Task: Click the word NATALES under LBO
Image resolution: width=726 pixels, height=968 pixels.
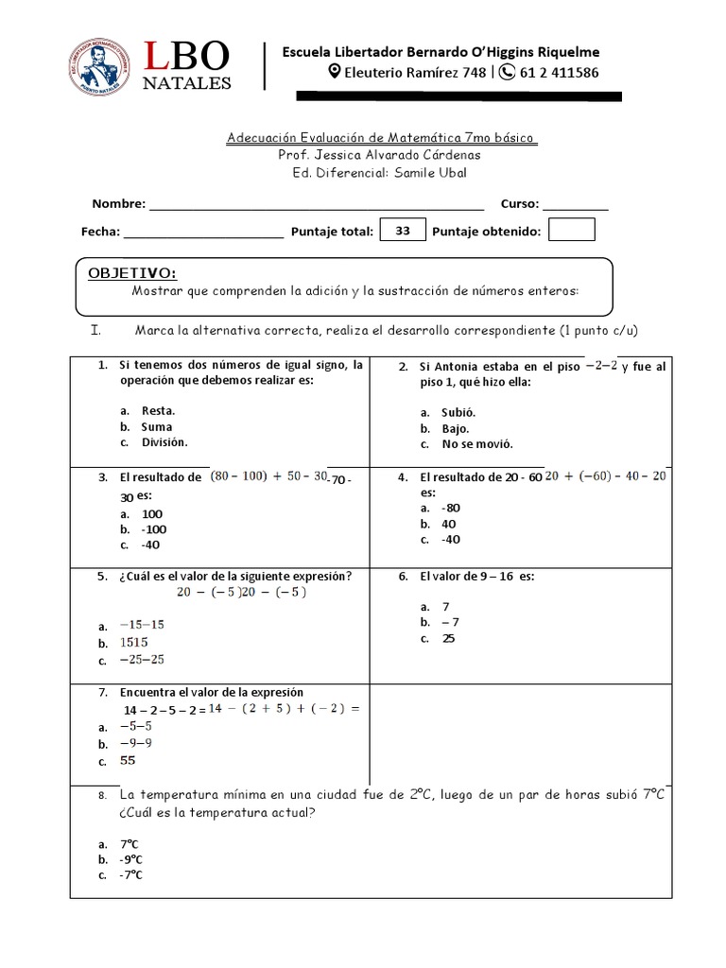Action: click(x=186, y=83)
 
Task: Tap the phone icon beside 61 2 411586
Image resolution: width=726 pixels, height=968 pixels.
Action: click(x=507, y=73)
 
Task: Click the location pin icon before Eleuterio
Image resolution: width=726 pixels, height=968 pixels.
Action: click(x=334, y=73)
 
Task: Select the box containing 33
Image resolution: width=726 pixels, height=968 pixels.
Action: click(x=403, y=231)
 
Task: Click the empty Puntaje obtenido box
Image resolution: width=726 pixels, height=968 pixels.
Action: click(x=571, y=231)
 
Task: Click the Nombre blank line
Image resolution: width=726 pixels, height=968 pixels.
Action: click(x=317, y=204)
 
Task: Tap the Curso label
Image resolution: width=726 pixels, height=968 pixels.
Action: click(x=519, y=203)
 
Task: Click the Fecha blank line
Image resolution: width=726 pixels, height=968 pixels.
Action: click(x=202, y=232)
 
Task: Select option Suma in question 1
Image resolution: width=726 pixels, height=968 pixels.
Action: click(x=157, y=426)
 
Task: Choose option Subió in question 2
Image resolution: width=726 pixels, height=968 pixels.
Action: click(x=458, y=412)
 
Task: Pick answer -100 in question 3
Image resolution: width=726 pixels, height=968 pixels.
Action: click(x=152, y=529)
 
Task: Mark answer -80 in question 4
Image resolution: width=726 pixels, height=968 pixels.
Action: click(x=451, y=508)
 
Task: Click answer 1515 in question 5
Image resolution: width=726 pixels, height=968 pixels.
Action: click(x=134, y=642)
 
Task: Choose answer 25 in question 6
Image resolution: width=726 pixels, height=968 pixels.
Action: click(x=448, y=638)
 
